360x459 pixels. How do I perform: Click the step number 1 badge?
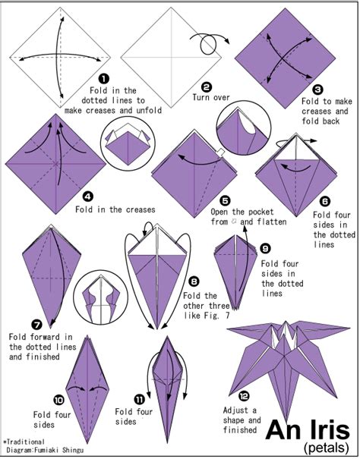click(104, 79)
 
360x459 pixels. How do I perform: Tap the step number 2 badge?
click(207, 87)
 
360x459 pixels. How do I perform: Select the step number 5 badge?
click(225, 201)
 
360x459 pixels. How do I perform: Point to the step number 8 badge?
click(194, 281)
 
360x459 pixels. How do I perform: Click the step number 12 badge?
click(244, 396)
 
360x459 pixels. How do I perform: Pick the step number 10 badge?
click(58, 400)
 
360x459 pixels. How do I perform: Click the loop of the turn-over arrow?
click(208, 45)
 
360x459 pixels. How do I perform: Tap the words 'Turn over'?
click(211, 97)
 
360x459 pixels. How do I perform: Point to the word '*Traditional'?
click(24, 442)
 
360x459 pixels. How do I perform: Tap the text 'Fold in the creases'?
click(115, 209)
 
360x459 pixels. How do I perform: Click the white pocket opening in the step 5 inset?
click(247, 124)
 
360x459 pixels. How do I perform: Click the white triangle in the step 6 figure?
click(296, 150)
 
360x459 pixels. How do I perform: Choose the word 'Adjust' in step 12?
click(235, 410)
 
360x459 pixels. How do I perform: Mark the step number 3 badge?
click(317, 90)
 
